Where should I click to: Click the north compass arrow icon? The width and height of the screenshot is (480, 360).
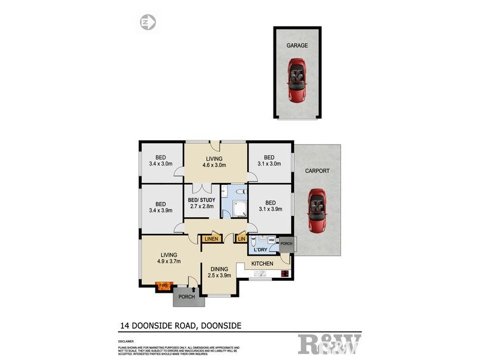tap(148, 23)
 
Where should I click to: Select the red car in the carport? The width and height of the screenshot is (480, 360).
tap(316, 211)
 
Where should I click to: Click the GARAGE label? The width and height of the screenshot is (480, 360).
tap(296, 45)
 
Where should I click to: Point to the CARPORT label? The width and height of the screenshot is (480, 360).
tap(317, 171)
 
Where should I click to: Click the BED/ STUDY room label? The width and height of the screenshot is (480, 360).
tap(201, 200)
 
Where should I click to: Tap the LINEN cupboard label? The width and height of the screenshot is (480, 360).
tap(211, 239)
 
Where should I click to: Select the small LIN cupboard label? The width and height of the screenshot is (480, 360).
tap(241, 239)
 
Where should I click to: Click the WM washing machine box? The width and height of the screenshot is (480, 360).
tap(271, 240)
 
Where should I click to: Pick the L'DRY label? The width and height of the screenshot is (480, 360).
tap(260, 250)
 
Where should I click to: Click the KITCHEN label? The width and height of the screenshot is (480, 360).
tap(262, 263)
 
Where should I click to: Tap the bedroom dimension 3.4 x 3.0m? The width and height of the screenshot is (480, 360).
tap(160, 163)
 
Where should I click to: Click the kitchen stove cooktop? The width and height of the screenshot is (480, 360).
tap(284, 274)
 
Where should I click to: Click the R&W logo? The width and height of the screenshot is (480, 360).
tap(330, 344)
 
